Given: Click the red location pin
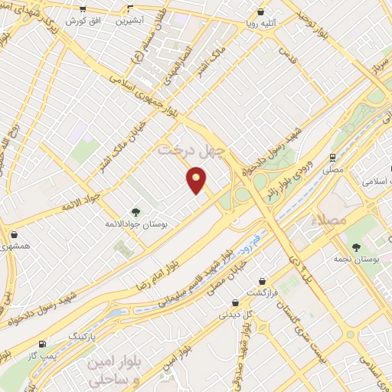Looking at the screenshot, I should [197, 181].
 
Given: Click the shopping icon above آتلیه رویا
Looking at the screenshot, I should [263, 12].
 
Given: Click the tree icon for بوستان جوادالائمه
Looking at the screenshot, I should [136, 212].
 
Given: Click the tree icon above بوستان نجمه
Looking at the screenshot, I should [358, 247].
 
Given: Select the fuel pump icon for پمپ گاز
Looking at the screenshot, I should [41, 343].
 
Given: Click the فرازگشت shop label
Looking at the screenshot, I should [262, 293].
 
